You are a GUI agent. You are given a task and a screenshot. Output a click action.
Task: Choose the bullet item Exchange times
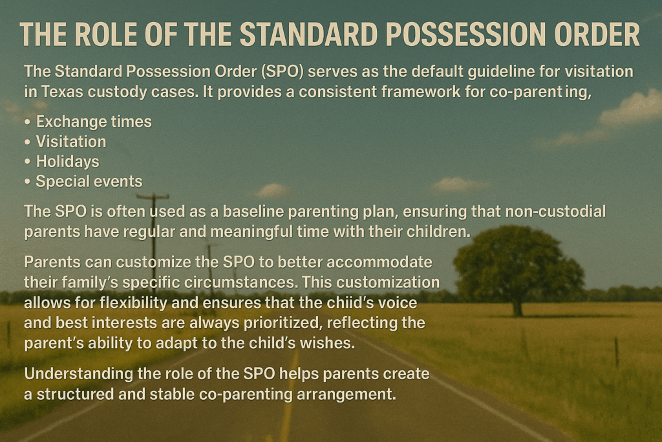click(94, 122)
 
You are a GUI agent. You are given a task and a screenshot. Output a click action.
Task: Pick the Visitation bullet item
click(71, 142)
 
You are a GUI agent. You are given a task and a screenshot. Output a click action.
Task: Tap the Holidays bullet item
click(67, 162)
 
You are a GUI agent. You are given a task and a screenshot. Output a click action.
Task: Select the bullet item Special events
click(89, 182)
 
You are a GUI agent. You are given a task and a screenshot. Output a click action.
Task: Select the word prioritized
click(301, 323)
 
